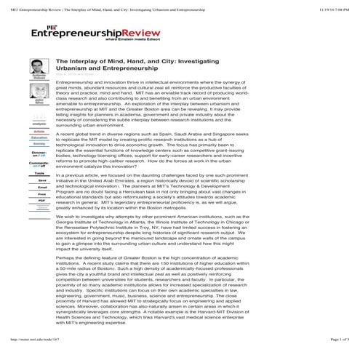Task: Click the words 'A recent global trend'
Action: point(80,135)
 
